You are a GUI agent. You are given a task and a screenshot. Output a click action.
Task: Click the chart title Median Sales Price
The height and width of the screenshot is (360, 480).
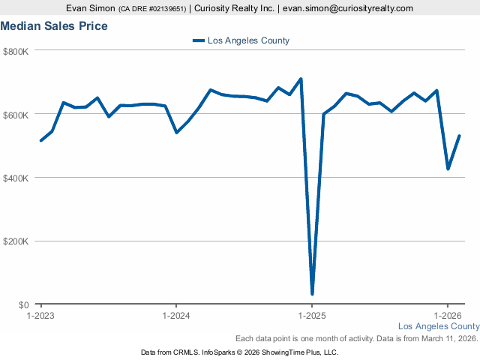(54, 26)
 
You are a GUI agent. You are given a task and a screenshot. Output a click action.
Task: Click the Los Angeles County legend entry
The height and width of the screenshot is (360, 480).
(241, 40)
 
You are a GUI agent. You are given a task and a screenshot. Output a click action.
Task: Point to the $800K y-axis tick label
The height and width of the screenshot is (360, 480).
(16, 51)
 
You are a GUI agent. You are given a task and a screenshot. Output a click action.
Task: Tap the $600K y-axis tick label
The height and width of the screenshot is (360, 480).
(16, 115)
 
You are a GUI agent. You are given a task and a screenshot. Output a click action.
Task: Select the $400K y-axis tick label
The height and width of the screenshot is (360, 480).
(16, 178)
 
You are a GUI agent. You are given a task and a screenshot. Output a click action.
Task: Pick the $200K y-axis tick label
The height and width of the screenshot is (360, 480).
(16, 241)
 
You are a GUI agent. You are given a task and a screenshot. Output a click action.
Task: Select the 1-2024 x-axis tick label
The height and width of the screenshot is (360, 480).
(175, 316)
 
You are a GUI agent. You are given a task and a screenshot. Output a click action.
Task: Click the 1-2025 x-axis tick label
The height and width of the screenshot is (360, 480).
(311, 316)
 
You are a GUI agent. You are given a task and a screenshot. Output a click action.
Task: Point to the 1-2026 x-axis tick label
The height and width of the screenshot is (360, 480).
(447, 316)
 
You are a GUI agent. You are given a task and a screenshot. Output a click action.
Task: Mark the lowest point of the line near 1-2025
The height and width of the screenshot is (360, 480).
(312, 293)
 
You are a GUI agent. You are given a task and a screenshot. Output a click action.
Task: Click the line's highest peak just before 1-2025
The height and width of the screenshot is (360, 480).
(301, 79)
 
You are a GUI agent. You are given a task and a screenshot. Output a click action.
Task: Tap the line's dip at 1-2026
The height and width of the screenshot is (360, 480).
(448, 169)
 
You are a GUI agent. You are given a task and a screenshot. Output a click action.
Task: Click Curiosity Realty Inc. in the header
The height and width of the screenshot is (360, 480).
(233, 8)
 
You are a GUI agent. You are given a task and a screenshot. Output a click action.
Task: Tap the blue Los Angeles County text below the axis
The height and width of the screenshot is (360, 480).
(438, 326)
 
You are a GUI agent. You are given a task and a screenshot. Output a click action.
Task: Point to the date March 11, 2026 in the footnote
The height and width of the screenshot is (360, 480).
(446, 338)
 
